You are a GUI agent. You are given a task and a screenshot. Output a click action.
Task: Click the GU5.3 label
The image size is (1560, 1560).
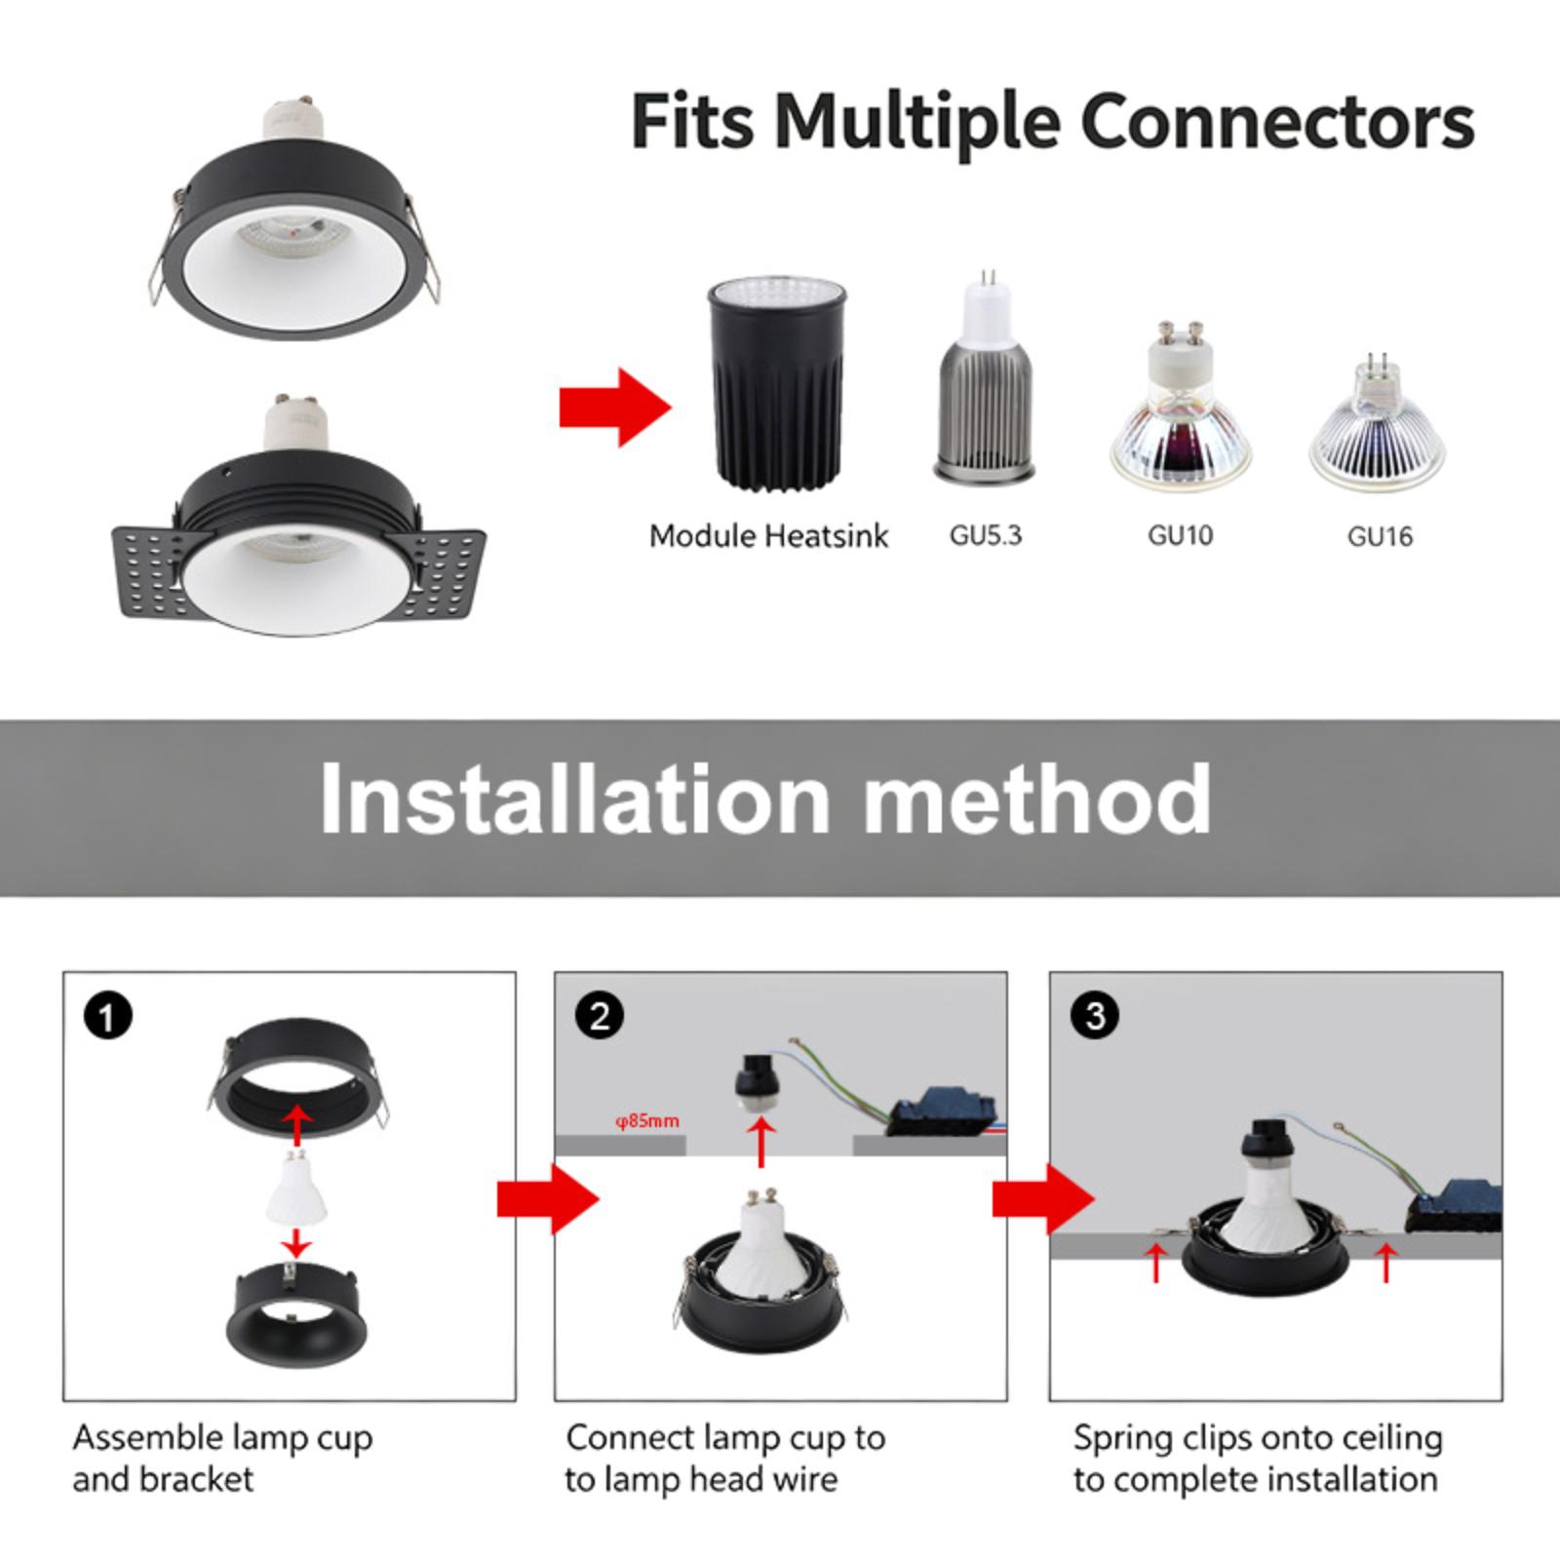(985, 535)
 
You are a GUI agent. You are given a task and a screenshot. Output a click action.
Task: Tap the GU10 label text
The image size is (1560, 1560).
(1180, 535)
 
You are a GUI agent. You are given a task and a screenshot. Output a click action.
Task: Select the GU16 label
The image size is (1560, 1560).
(1380, 536)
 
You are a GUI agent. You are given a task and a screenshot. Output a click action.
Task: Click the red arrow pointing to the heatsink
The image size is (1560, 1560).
(615, 407)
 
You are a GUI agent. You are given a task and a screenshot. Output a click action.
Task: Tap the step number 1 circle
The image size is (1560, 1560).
(107, 1017)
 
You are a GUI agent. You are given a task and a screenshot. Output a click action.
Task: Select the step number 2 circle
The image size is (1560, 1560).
(600, 1017)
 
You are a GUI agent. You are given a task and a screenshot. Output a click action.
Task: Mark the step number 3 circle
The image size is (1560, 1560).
(1094, 1016)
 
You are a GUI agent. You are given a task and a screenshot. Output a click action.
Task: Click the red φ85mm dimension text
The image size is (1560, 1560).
(646, 1120)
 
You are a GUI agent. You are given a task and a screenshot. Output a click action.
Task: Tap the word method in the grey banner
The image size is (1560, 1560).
(1037, 799)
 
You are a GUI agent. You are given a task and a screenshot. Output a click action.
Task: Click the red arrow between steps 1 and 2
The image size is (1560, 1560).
(548, 1199)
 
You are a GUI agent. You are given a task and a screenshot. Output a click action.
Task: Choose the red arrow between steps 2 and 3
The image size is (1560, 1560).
(1043, 1199)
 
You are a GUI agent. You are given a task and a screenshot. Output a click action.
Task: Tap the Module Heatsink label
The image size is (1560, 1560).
(769, 536)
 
